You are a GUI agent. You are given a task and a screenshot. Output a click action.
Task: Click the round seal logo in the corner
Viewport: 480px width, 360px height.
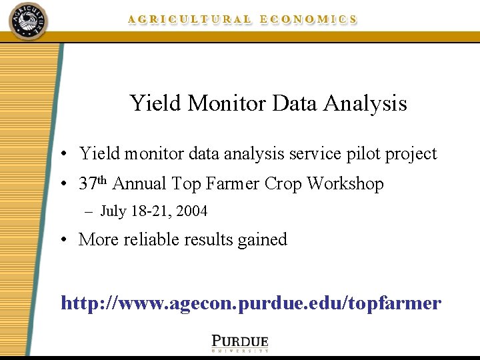click(x=29, y=21)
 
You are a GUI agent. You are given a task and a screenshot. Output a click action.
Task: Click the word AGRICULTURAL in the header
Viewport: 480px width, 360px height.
click(x=190, y=20)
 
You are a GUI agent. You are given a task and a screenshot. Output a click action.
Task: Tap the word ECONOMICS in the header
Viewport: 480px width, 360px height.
click(x=308, y=20)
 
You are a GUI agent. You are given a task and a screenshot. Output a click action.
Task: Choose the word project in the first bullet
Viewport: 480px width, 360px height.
click(x=410, y=155)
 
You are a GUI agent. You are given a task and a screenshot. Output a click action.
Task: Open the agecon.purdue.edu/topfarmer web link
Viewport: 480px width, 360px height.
click(x=251, y=303)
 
